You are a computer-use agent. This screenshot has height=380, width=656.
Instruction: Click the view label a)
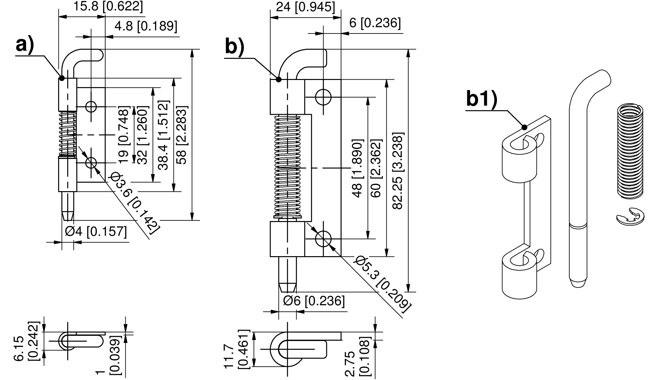tap(25, 45)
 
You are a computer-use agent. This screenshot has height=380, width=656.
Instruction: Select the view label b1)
tap(482, 99)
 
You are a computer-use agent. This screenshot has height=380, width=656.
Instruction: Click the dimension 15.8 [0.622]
tap(108, 6)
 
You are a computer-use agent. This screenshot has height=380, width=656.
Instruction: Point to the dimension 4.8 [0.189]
tap(146, 26)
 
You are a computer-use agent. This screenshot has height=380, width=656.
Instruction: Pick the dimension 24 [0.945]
tap(305, 7)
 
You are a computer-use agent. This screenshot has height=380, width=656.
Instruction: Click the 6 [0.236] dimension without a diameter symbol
tap(375, 23)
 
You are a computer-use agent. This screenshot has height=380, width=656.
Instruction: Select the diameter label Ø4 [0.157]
tap(95, 232)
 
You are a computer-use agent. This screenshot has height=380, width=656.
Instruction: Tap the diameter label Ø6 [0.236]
tap(314, 301)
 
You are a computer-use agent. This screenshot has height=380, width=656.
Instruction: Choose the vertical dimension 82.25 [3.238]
tap(398, 171)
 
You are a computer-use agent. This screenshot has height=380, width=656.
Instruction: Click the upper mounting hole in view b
tap(323, 97)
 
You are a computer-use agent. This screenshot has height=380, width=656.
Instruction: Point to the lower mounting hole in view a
tap(91, 163)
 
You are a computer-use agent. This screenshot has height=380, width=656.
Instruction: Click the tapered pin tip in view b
tap(288, 287)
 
